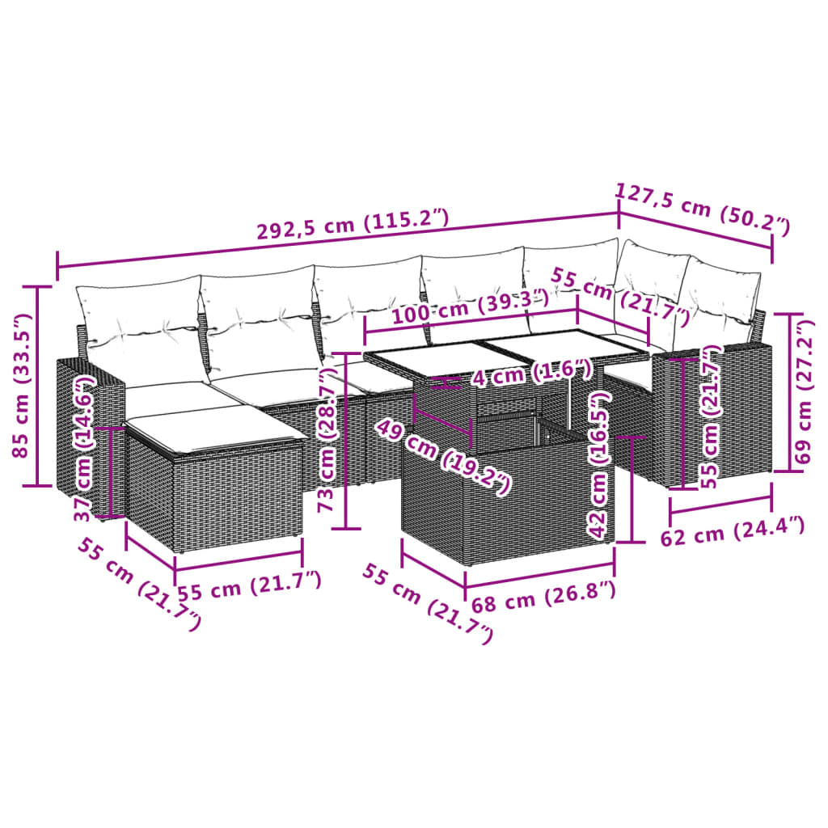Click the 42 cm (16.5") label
(598, 466)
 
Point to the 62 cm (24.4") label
(733, 531)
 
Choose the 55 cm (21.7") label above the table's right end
(619, 295)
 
